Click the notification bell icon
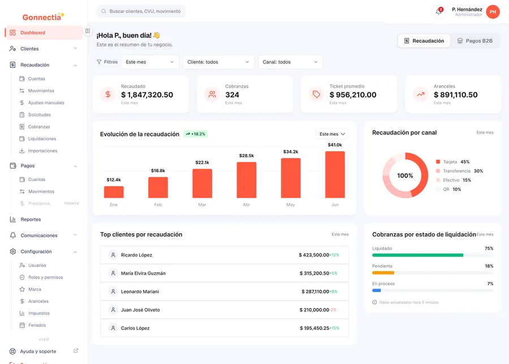tap(438, 11)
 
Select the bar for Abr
tap(247, 179)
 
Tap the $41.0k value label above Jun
tap(335, 145)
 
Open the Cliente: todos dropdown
tap(218, 62)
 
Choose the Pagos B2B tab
tap(475, 41)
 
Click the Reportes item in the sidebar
tap(31, 220)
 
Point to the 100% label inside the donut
tap(405, 175)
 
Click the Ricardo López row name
tap(136, 255)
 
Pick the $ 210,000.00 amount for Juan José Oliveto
tap(314, 310)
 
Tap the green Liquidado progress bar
tap(417, 255)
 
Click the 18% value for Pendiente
tap(489, 266)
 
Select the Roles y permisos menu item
tap(45, 277)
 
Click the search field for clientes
tap(141, 11)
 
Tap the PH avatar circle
tap(493, 12)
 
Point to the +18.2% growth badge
tap(196, 134)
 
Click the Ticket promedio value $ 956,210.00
tap(353, 95)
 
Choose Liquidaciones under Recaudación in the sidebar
tap(42, 139)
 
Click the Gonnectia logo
tap(43, 17)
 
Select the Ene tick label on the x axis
tap(114, 205)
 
